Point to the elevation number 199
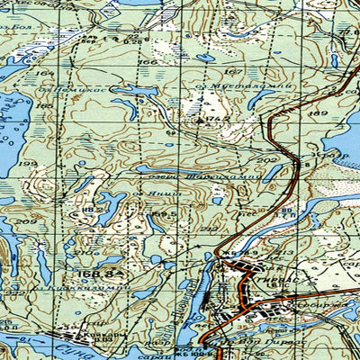pos(31,164)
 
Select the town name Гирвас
pos(279,281)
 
